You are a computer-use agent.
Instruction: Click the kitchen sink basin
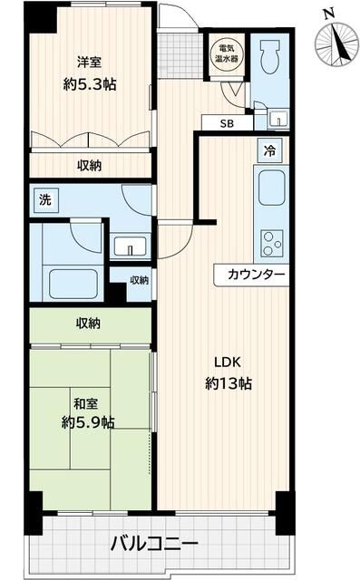point(272,187)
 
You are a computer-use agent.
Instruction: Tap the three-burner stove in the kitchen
point(272,242)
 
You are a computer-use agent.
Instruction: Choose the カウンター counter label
point(251,275)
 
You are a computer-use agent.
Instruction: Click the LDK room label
point(227,357)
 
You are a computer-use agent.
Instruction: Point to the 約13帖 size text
point(227,382)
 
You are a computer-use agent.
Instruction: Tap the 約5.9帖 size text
point(88,421)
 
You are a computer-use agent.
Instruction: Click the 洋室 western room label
point(88,62)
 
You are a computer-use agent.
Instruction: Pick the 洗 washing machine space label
point(44,200)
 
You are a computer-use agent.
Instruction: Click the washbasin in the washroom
point(132,247)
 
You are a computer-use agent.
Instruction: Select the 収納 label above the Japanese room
point(88,323)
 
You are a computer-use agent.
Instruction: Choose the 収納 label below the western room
point(89,165)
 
